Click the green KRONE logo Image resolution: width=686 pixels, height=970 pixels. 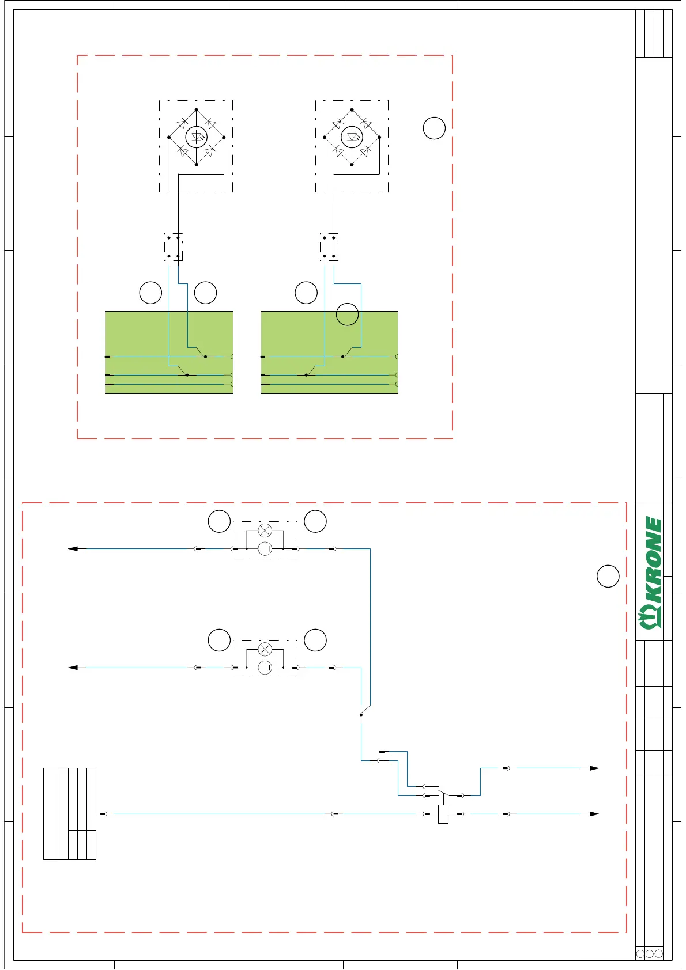pos(650,573)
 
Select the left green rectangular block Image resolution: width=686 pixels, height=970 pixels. pos(169,352)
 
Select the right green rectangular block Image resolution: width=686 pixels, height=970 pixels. pos(329,352)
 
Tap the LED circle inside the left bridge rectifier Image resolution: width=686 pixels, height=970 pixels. pos(197,137)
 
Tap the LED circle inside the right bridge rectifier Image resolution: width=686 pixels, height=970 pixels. pos(352,137)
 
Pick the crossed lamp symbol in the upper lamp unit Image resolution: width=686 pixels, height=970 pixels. pos(265,530)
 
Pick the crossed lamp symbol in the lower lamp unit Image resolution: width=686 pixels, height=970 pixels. pos(265,649)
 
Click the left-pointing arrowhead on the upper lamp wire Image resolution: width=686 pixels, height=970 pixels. pos(73,549)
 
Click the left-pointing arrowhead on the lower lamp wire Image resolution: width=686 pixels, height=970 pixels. pos(73,668)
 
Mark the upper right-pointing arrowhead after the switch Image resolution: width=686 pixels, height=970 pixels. pos(594,768)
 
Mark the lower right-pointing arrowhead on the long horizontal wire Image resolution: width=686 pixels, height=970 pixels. pos(594,814)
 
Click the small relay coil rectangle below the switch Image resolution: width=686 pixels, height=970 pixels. pos(443,814)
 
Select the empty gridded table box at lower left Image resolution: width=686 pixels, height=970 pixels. pos(70,814)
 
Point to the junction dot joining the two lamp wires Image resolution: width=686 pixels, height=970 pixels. pos(361,715)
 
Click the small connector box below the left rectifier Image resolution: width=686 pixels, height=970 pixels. pos(174,247)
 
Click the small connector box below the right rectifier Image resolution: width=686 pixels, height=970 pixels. pos(329,247)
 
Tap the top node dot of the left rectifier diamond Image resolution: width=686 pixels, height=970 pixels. pos(197,110)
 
